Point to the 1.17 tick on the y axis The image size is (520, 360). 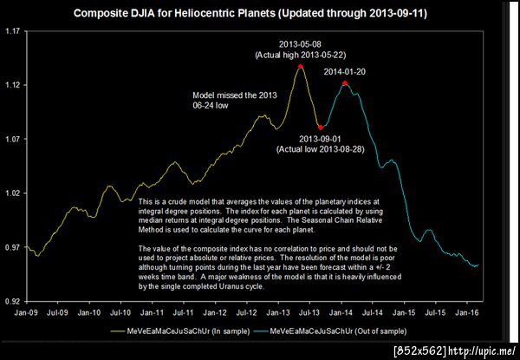[14, 31]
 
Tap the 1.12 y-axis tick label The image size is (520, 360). [14, 85]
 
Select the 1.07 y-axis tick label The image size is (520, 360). [14, 139]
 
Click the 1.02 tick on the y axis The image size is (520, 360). [14, 193]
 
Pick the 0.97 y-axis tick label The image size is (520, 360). [14, 247]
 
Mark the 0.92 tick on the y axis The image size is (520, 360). [14, 301]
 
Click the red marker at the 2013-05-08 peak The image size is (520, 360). [300, 66]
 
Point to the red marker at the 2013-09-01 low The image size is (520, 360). [320, 128]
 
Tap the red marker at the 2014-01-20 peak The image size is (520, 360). [345, 83]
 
